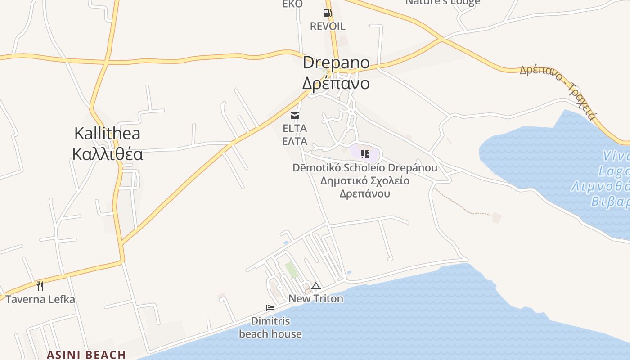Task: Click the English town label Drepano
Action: point(336,63)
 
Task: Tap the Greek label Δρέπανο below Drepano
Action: point(336,83)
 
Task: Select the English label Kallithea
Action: point(107,133)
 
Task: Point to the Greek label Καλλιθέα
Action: point(108,154)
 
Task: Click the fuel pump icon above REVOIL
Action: point(327,13)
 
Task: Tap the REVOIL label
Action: point(328,26)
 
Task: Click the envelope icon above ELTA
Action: point(295,116)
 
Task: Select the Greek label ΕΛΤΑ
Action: point(295,141)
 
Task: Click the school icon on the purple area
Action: point(365,154)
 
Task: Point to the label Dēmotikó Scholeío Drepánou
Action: point(365,168)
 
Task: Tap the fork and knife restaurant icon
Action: point(40,286)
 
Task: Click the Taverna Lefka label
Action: point(40,299)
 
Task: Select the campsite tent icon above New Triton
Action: point(316,286)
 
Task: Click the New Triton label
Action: point(316,298)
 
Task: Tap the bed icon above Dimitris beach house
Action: point(270,308)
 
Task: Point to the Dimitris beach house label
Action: point(270,328)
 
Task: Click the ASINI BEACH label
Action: point(86,355)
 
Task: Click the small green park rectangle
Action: point(292,269)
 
